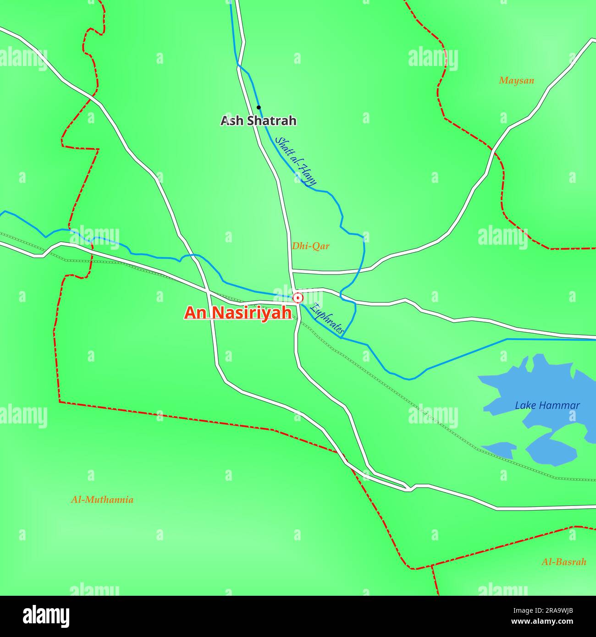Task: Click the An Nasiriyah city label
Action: (x=238, y=313)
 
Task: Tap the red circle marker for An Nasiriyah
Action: (x=298, y=298)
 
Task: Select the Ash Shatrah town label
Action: (x=259, y=121)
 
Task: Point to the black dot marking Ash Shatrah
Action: (x=259, y=107)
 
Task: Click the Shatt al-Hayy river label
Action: (x=296, y=161)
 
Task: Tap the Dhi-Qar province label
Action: (x=311, y=246)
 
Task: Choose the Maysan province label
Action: (x=517, y=81)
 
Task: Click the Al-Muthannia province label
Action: (x=102, y=500)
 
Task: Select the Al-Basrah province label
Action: (x=564, y=562)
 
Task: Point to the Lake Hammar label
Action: (x=547, y=406)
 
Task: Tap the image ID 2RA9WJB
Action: (x=553, y=610)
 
